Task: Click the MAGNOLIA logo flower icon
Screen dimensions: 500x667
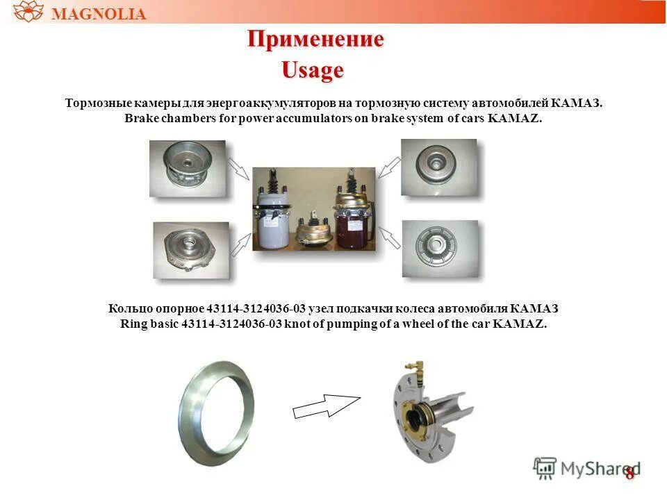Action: (x=28, y=12)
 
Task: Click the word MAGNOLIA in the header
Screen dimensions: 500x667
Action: (x=99, y=14)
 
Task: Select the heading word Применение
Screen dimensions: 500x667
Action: (x=315, y=40)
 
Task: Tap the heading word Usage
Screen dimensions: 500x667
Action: (x=312, y=70)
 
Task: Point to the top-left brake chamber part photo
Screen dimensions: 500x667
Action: (x=188, y=168)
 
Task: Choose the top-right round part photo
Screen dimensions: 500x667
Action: (x=439, y=167)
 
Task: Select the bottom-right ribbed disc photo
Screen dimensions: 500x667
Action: (x=438, y=248)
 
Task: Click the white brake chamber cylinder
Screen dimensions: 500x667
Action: (x=275, y=219)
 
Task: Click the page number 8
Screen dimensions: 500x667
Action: (x=629, y=474)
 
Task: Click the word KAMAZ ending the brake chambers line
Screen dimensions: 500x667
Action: (x=514, y=119)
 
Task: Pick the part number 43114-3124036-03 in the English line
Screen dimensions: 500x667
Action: (x=231, y=324)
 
